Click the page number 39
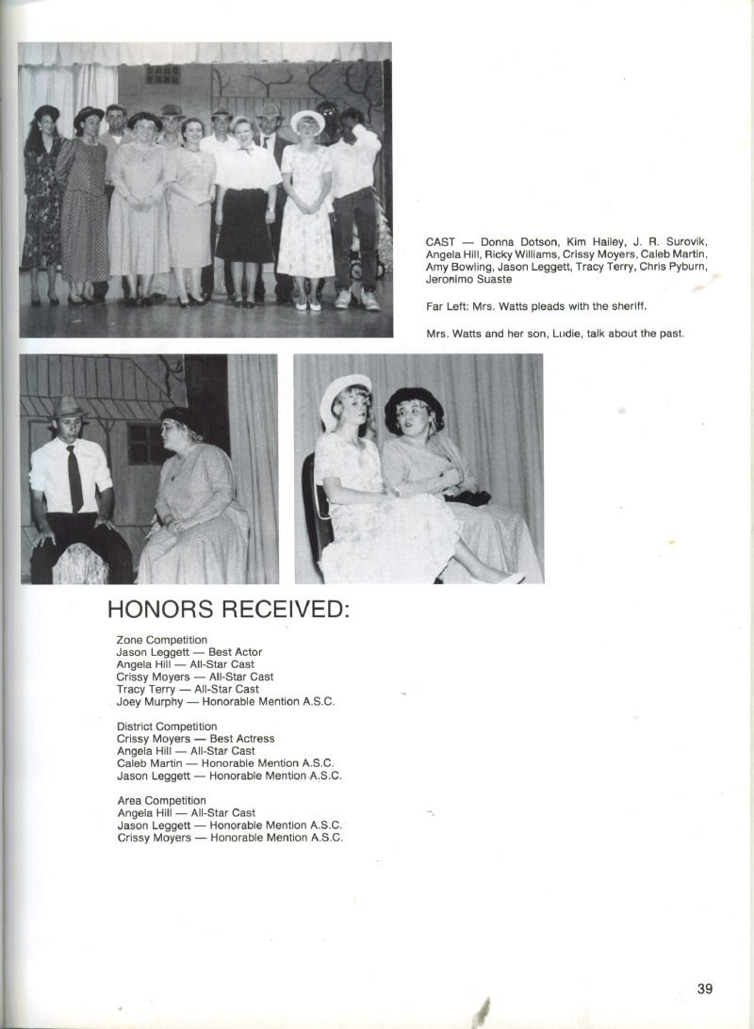(x=705, y=988)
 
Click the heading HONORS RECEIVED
(x=228, y=609)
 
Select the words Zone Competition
(x=161, y=640)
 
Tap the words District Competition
(x=167, y=727)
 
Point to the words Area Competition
(x=161, y=800)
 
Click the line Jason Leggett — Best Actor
(x=188, y=652)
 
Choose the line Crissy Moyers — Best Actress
(x=195, y=739)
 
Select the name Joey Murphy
(x=149, y=701)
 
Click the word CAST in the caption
(x=441, y=242)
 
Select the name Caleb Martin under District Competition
(x=149, y=763)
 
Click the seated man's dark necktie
(x=74, y=478)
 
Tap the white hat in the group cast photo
(x=306, y=121)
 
